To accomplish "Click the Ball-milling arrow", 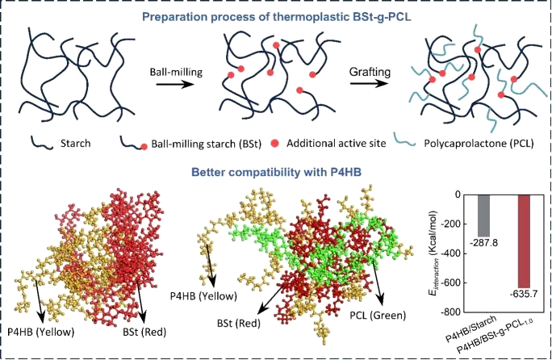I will pyautogui.click(x=173, y=85).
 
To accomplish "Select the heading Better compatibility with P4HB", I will pyautogui.click(x=276, y=172).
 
